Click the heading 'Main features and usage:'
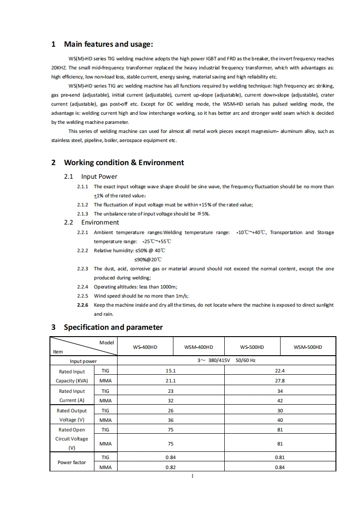108,44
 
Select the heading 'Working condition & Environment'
124,162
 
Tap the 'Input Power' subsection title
99,176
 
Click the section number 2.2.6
83,305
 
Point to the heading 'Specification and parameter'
113,327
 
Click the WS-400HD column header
145,347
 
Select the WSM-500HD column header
308,347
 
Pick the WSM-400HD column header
198,347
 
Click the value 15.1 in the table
170,371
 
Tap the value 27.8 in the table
280,381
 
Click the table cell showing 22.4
280,371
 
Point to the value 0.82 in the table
170,467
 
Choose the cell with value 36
170,420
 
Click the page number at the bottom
193,476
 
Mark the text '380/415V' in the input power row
220,361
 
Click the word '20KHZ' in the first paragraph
59,68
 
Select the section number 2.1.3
83,214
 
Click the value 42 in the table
280,401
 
